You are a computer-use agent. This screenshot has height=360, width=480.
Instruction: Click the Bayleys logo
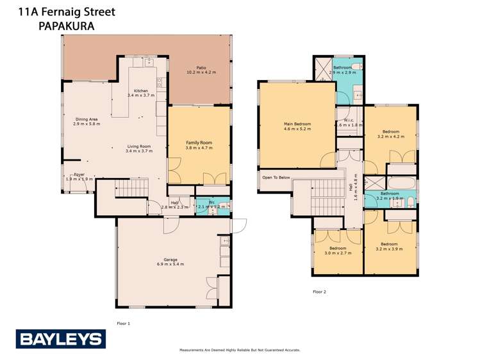coord(60,339)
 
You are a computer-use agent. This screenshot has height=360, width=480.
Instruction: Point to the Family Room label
coord(199,145)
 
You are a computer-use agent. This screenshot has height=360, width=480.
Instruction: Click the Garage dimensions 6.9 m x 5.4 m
coord(170,264)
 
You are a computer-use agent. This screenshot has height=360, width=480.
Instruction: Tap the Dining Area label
coord(87,120)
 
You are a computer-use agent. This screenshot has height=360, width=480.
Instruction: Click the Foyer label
coord(79,174)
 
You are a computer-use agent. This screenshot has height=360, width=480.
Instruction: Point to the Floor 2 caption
coord(319,292)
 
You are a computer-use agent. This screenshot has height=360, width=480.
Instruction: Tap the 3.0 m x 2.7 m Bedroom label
coord(337,250)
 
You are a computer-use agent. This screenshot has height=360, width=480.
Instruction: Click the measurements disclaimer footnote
coord(239,350)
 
